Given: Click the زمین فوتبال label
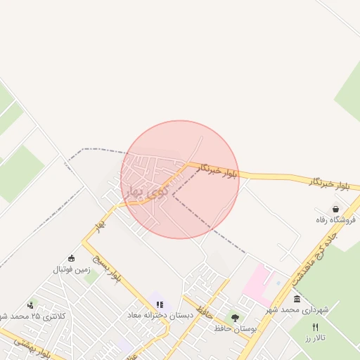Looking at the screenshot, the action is point(71,269).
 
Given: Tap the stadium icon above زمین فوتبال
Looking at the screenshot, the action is point(71,259).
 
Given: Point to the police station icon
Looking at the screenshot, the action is point(30,305).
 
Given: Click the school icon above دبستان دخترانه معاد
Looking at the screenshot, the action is point(160,305).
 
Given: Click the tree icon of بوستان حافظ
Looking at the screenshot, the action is point(235,318).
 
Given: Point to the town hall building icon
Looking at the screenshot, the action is point(297,299).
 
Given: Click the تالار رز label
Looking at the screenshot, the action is point(316,339).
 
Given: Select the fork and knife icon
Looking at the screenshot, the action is point(315,328).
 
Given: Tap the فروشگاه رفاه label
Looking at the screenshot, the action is point(336,220).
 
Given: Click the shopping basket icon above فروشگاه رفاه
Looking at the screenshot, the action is point(336,209).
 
